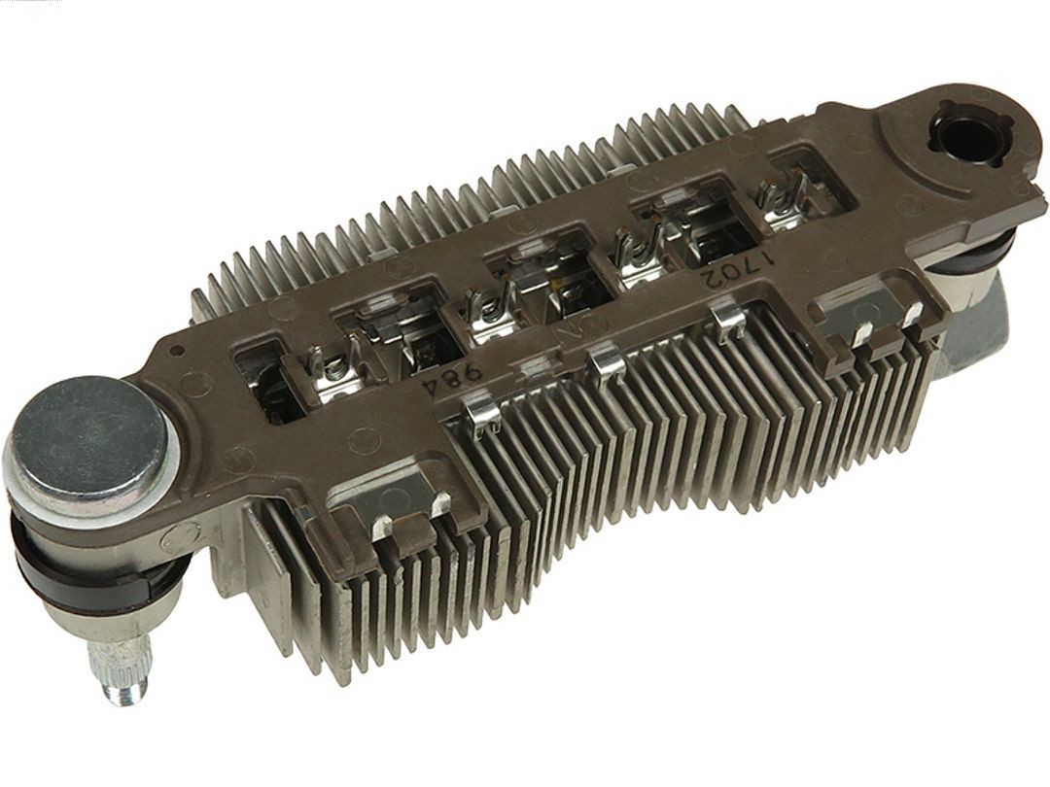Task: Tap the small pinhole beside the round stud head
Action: point(174,351)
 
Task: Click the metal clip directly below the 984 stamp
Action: point(483,412)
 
